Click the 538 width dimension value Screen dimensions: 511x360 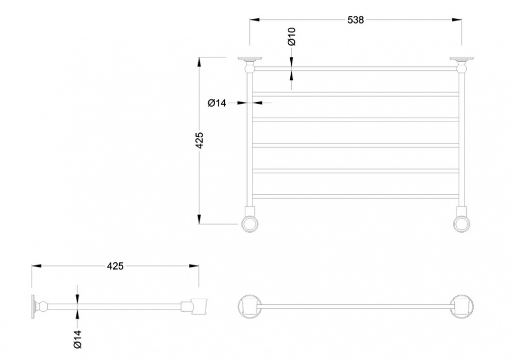[x=355, y=20]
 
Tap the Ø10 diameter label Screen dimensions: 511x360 [x=292, y=36]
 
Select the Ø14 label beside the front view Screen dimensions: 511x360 [x=217, y=103]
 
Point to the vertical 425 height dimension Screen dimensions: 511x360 [x=199, y=140]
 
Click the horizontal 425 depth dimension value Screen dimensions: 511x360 [x=115, y=266]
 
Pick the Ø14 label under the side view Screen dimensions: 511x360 [x=77, y=339]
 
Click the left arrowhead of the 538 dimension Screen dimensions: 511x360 [x=255, y=20]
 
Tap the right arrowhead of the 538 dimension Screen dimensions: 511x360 [x=457, y=20]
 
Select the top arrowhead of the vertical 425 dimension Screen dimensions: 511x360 [x=199, y=62]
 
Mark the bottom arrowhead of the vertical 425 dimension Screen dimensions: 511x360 [x=199, y=219]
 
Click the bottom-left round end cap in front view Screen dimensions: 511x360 [x=250, y=224]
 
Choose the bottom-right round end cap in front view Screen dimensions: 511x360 [x=462, y=224]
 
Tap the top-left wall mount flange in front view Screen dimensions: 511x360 [x=250, y=59]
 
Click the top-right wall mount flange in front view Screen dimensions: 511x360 [x=462, y=59]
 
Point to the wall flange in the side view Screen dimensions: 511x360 [x=33, y=306]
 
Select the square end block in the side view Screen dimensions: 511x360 [x=199, y=306]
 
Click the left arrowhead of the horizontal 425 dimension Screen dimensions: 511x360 [x=36, y=266]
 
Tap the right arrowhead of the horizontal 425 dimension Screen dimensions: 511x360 [x=194, y=266]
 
